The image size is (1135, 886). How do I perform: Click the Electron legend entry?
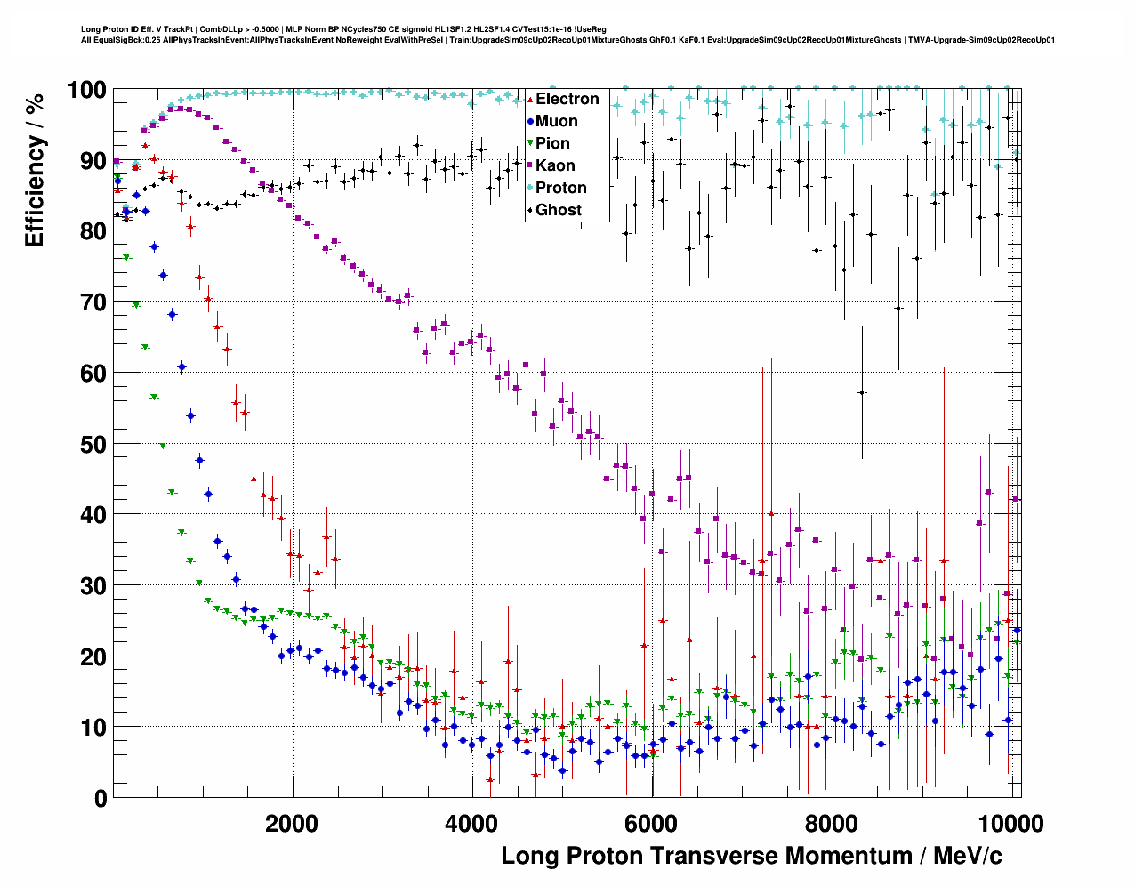point(567,99)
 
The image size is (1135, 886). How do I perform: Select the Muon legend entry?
point(556,121)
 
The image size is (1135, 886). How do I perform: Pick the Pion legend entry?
point(552,143)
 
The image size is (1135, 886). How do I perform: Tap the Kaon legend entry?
point(555,165)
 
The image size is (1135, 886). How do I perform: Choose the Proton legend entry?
point(560,188)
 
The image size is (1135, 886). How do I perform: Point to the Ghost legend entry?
point(558,210)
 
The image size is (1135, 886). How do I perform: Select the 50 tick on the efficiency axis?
point(93,444)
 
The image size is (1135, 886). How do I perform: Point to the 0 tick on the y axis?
point(100,798)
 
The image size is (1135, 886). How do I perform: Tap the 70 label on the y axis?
point(93,302)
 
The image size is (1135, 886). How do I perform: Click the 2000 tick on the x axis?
point(292,823)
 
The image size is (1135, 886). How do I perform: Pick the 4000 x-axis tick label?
point(471,823)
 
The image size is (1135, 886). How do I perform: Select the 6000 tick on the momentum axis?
point(651,823)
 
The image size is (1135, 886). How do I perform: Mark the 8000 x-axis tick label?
point(831,823)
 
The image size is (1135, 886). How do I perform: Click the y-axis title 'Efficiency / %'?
point(35,170)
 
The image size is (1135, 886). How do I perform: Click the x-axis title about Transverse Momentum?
point(752,856)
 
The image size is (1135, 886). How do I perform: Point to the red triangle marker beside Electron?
point(530,99)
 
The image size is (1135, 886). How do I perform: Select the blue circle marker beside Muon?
point(530,121)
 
